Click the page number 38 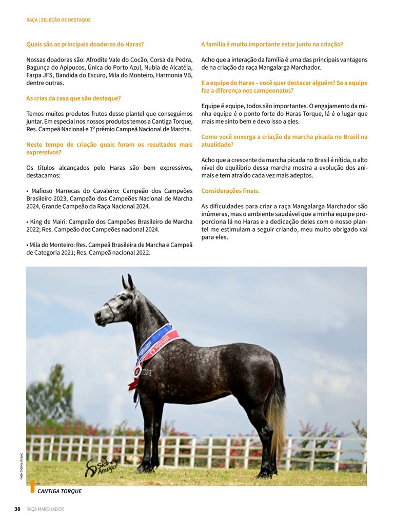(17, 509)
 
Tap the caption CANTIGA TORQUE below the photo (60, 491)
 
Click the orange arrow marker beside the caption (32, 486)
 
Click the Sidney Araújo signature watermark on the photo (102, 466)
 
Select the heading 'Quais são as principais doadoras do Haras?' (85, 44)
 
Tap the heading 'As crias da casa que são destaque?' (73, 98)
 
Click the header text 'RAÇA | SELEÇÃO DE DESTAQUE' (58, 20)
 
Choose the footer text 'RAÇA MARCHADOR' (45, 509)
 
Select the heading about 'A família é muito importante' (272, 44)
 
